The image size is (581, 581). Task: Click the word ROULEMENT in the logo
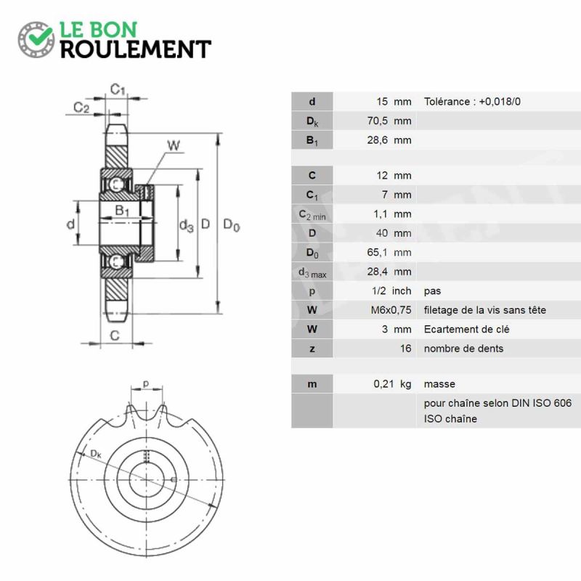point(136,49)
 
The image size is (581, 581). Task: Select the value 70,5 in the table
point(377,121)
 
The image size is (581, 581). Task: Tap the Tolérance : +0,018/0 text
point(472,102)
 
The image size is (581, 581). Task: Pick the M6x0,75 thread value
point(391,310)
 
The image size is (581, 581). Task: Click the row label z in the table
point(312,349)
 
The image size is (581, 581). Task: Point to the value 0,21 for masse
point(383,384)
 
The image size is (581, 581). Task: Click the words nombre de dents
point(463,349)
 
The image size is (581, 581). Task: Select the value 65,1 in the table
point(377,252)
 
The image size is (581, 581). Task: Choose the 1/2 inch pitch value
point(391,291)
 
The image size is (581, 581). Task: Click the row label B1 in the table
point(312,140)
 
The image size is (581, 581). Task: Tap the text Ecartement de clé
point(466,330)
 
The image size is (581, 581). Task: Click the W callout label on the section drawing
point(174,146)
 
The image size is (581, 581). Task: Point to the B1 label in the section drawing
point(122,211)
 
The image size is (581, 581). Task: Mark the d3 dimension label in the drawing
point(187,225)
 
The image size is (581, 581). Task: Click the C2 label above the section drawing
point(81,107)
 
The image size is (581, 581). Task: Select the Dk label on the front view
point(96,453)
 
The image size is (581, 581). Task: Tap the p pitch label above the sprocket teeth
point(146,384)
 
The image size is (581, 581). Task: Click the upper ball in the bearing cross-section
point(115,184)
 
